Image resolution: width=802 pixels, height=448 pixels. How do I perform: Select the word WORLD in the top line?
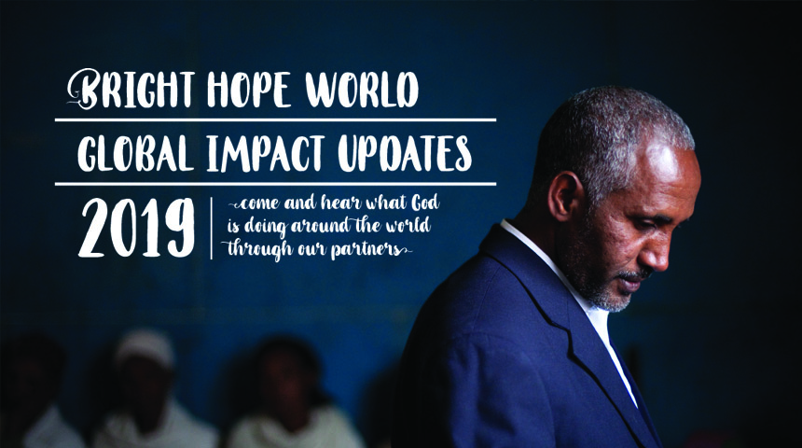[362, 90]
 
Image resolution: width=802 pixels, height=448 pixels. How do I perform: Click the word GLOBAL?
[135, 153]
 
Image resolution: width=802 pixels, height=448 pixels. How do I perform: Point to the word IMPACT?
[266, 153]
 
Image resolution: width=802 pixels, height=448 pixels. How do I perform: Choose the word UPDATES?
[405, 153]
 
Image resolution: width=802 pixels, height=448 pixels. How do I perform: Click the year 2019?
[136, 228]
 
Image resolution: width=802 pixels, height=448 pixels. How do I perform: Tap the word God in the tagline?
[425, 203]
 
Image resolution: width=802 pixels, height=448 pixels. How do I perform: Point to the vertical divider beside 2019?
[212, 229]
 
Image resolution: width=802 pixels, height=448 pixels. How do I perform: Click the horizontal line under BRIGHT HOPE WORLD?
[275, 119]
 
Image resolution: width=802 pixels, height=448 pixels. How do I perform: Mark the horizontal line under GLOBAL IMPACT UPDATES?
[275, 183]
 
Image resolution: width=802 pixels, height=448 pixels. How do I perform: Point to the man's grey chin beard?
[613, 298]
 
